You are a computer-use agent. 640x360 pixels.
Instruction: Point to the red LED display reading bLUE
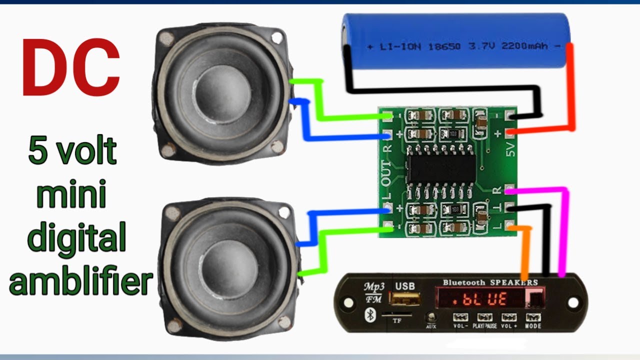pos(482,299)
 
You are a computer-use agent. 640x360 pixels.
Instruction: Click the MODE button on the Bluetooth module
pos(533,318)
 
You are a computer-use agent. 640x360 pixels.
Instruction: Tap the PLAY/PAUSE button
pos(484,318)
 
